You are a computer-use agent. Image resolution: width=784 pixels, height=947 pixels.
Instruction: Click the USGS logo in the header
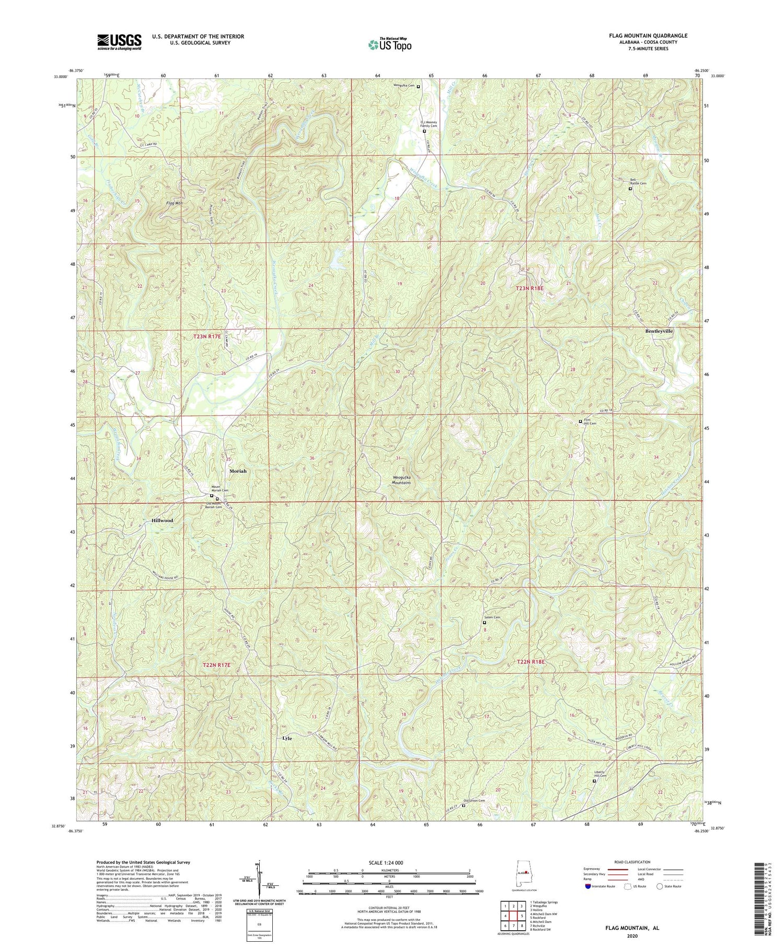click(x=119, y=42)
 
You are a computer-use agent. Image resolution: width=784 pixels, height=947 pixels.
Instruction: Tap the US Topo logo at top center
click(x=389, y=45)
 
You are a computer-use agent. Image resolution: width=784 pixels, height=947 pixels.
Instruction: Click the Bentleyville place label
click(x=659, y=331)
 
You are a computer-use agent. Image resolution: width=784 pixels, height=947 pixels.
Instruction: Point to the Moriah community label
click(x=238, y=471)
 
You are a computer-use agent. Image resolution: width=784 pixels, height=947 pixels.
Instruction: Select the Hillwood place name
click(x=162, y=521)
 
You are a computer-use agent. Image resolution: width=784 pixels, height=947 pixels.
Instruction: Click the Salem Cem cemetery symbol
click(x=484, y=623)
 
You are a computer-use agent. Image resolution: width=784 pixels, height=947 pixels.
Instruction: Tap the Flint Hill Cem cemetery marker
click(x=580, y=422)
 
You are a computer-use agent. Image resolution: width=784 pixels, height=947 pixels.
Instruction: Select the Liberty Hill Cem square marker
click(x=594, y=781)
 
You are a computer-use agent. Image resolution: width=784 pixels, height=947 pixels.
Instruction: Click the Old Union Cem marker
click(x=463, y=805)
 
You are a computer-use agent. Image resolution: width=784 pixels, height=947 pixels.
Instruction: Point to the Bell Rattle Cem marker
click(x=630, y=189)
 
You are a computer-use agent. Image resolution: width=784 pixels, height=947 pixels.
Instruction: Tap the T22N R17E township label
click(x=216, y=665)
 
